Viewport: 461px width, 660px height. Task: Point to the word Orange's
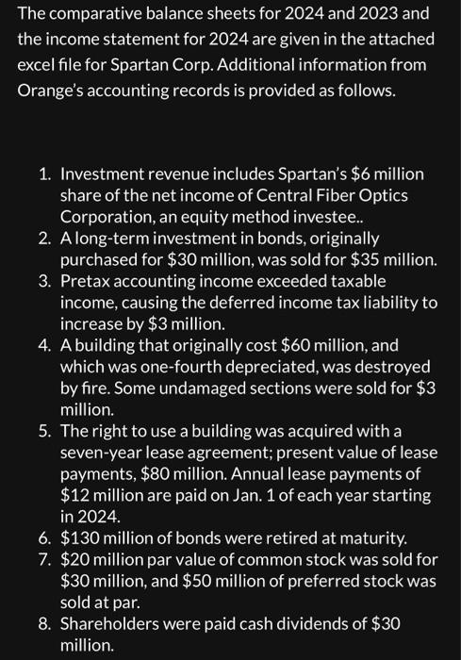51,91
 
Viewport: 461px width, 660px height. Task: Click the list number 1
44,174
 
